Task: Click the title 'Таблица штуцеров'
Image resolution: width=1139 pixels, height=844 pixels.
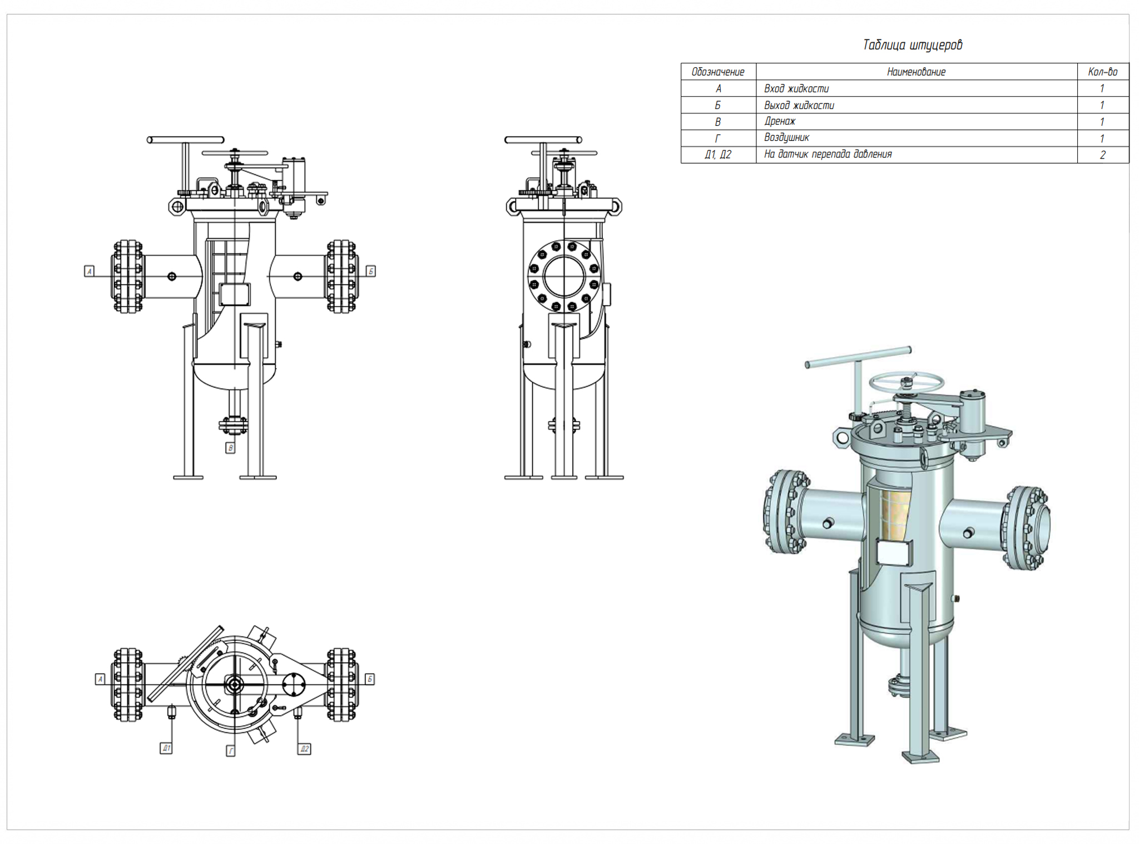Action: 912,45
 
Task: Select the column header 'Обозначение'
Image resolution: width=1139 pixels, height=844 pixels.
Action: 717,72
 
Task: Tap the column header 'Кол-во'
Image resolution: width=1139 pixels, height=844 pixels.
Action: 1102,72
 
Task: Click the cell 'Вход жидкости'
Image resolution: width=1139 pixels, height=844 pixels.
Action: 796,88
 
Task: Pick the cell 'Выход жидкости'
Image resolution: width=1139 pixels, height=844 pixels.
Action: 799,105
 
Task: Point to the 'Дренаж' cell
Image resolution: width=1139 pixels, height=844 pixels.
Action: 780,121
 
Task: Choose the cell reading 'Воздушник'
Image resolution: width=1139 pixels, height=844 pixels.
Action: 786,137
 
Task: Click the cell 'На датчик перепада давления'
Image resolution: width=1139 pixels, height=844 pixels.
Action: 828,154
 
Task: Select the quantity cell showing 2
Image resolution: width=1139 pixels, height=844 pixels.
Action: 1102,155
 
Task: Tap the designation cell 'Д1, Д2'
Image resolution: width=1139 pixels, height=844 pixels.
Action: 717,155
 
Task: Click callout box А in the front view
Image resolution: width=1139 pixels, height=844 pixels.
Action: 89,271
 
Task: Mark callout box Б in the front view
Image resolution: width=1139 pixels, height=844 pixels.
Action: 371,271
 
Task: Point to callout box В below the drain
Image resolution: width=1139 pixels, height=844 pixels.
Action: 230,448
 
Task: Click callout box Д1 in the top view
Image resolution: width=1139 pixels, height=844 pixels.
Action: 166,748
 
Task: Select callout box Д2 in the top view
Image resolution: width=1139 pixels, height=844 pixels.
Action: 304,749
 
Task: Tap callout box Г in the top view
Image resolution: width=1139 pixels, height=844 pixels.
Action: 231,751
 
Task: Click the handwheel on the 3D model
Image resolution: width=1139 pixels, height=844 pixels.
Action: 907,382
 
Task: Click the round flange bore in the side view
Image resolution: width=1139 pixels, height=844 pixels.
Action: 564,276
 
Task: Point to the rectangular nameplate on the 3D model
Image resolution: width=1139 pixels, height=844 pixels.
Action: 894,552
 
